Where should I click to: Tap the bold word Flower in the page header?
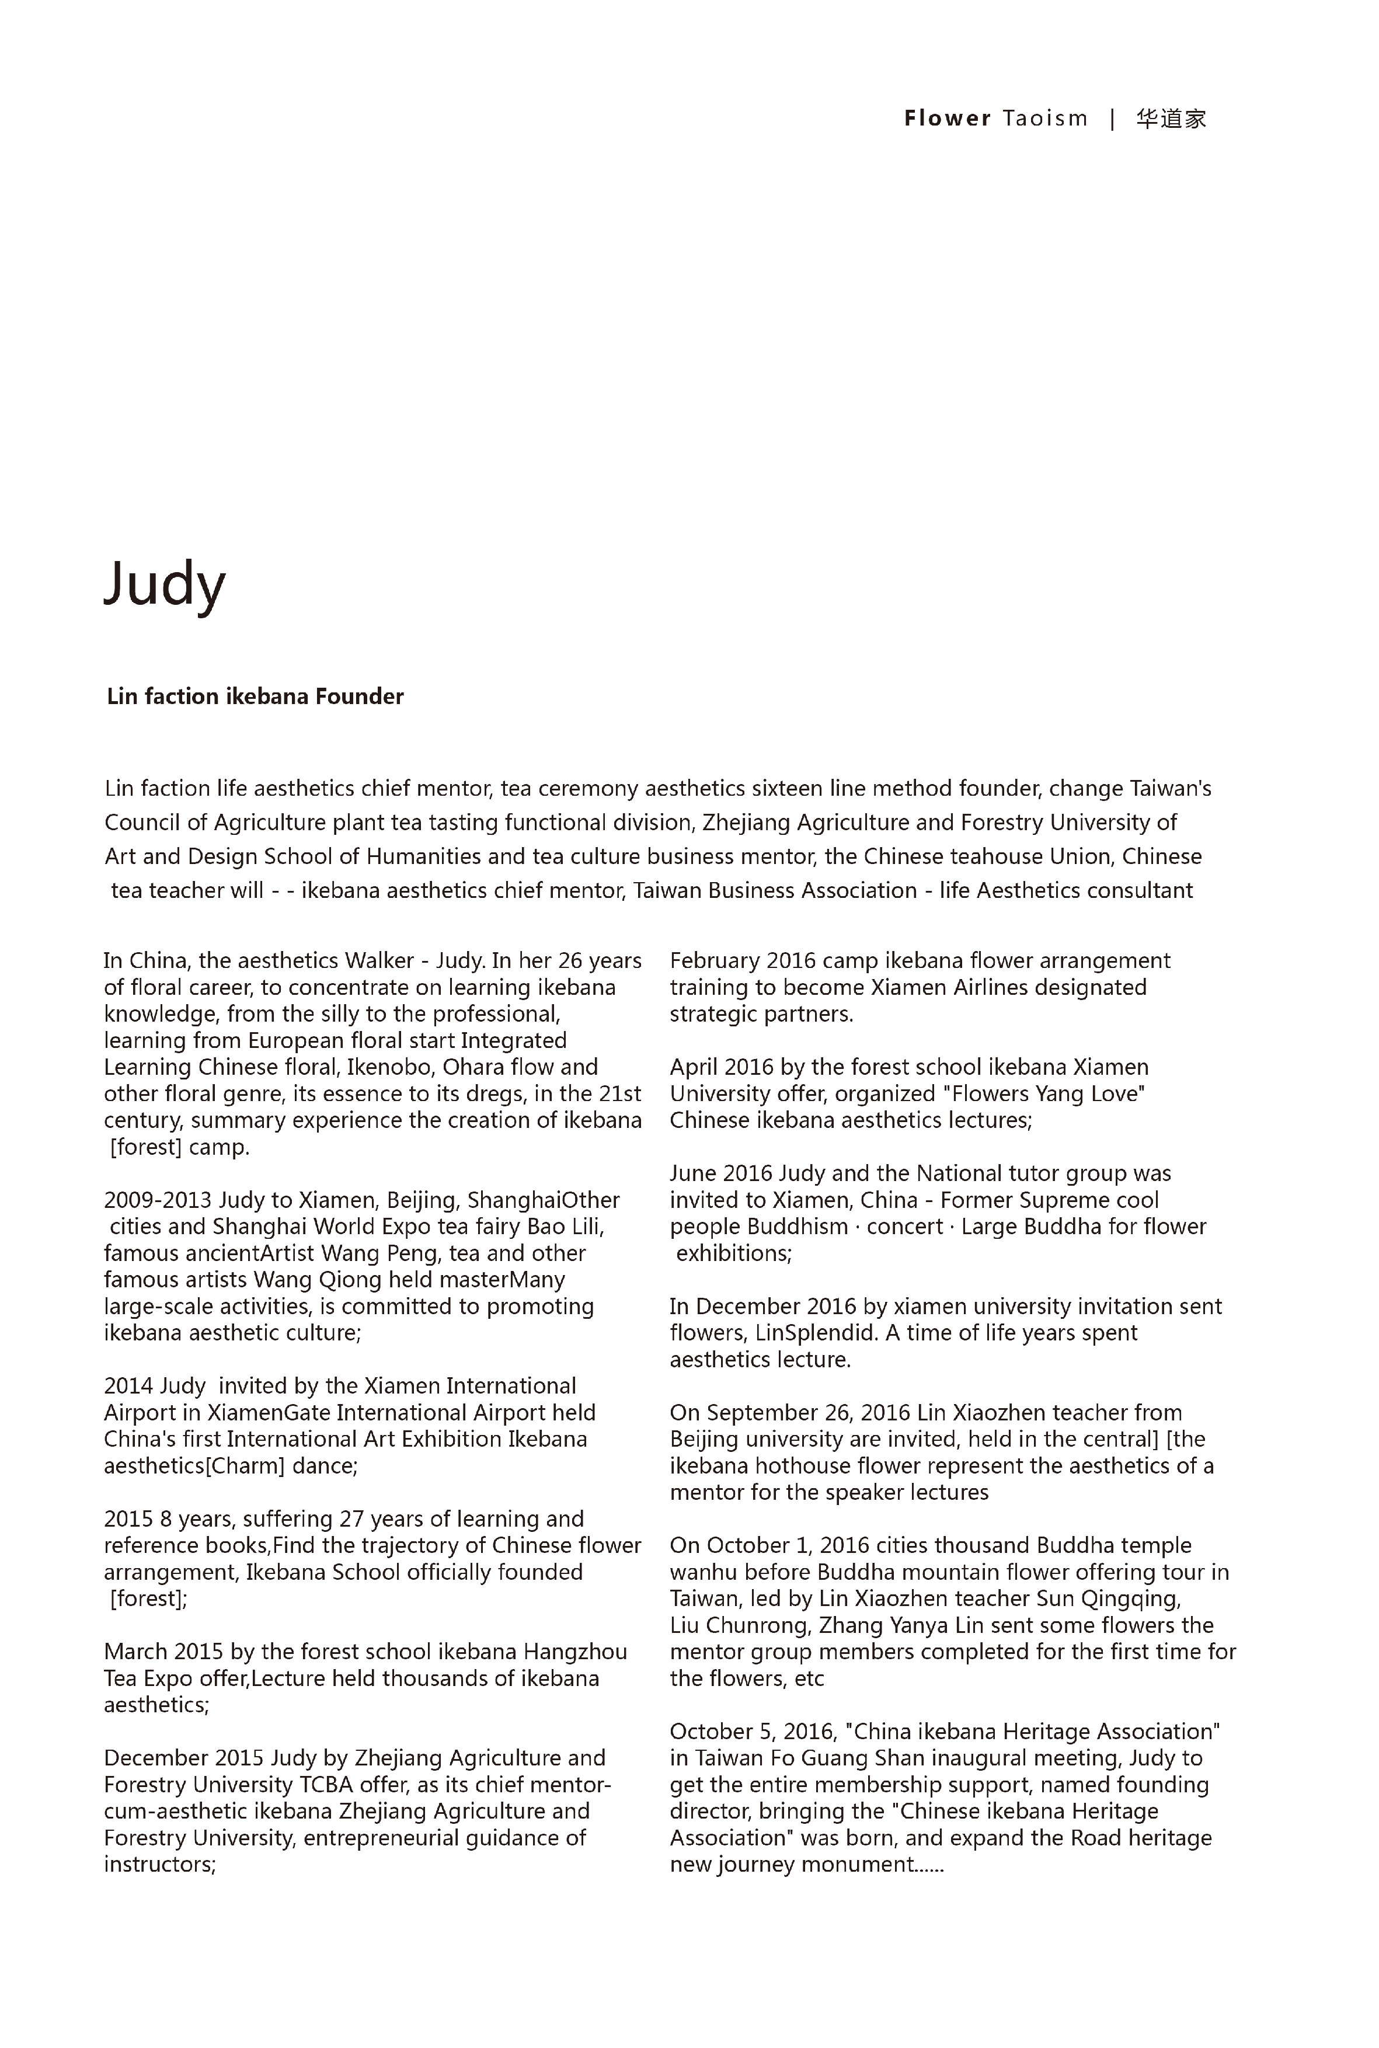pyautogui.click(x=947, y=119)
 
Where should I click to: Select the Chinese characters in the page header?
pyautogui.click(x=1171, y=119)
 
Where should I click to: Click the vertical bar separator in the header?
pyautogui.click(x=1113, y=119)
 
